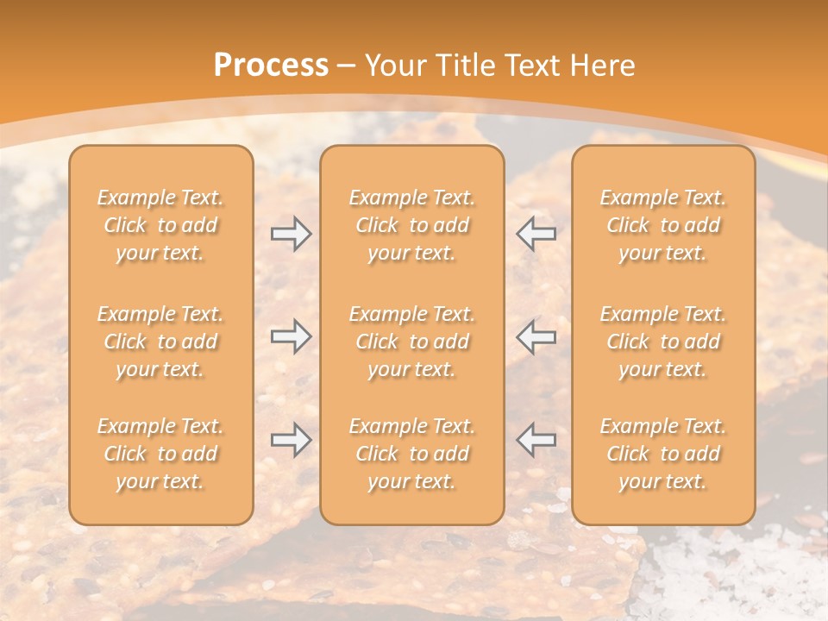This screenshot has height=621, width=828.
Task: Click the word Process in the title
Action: tap(271, 66)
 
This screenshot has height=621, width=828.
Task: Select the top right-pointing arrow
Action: tap(291, 234)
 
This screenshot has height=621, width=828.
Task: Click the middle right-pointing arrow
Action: tap(291, 336)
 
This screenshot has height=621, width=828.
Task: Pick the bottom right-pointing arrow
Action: tap(291, 440)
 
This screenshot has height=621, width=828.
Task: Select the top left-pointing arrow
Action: tap(536, 234)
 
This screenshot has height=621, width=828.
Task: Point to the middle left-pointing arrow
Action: tap(536, 336)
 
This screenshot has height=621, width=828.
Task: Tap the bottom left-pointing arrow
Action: tap(536, 440)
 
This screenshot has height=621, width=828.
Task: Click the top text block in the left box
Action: tap(160, 225)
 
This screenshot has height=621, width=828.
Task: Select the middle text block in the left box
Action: tap(160, 342)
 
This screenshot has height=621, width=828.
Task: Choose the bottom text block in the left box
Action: tap(160, 454)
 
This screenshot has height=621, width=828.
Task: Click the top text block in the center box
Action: tap(411, 225)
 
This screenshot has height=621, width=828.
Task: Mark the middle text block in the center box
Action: tap(411, 342)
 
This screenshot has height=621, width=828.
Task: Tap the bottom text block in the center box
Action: tap(411, 454)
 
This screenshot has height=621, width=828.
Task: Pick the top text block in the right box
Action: tap(662, 225)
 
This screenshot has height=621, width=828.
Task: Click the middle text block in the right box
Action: tap(662, 342)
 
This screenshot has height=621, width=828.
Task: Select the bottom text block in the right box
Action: tap(662, 454)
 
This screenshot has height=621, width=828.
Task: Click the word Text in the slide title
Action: tap(530, 66)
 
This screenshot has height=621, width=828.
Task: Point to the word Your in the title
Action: tap(397, 66)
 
